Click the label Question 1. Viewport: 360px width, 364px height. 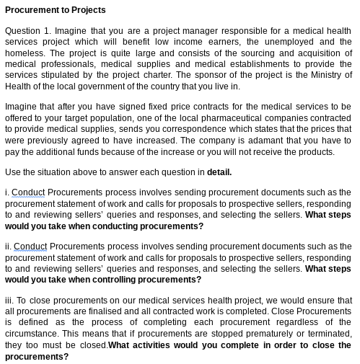coord(27,31)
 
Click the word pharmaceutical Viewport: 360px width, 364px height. coord(217,118)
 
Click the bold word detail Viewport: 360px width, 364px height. coord(219,172)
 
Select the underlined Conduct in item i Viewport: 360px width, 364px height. coord(28,193)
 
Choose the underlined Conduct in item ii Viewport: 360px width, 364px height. coord(30,247)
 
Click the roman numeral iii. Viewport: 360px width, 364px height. coord(9,301)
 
